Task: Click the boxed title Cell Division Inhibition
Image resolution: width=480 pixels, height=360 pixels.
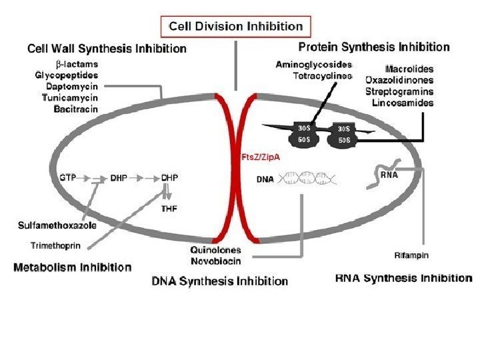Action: click(236, 27)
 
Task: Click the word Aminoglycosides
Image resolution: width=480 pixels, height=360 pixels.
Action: click(313, 64)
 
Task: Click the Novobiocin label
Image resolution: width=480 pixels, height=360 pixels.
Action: click(215, 261)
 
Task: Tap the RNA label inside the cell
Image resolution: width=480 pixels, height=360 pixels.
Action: click(389, 177)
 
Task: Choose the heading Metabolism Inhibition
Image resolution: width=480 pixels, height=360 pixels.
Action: click(73, 267)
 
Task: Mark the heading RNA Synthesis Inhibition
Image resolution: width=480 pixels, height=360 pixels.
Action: click(403, 278)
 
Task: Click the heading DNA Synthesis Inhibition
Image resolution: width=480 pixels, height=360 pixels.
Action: click(220, 281)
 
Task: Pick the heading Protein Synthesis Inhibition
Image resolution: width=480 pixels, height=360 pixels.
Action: click(373, 47)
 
